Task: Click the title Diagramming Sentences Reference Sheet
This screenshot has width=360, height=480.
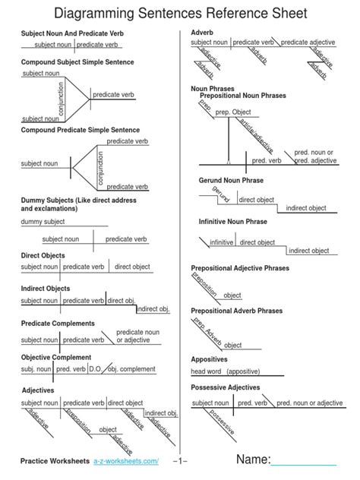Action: pyautogui.click(x=180, y=14)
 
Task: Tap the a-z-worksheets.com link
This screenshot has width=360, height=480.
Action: pyautogui.click(x=126, y=462)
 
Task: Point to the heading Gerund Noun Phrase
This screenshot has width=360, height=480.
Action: pyautogui.click(x=232, y=180)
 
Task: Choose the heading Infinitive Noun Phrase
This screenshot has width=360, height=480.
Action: pyautogui.click(x=233, y=221)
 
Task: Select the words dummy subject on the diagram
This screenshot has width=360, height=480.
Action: pyautogui.click(x=43, y=222)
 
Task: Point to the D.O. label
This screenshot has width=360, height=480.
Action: pyautogui.click(x=95, y=369)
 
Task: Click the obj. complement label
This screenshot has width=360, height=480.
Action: pyautogui.click(x=131, y=369)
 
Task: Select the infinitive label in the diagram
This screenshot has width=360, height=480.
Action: pyautogui.click(x=222, y=242)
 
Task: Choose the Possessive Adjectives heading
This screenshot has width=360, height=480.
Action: pyautogui.click(x=225, y=387)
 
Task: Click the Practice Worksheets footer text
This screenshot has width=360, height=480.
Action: pyautogui.click(x=55, y=462)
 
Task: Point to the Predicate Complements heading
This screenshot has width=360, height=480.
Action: pyautogui.click(x=58, y=323)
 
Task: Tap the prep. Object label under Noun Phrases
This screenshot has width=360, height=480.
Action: pyautogui.click(x=232, y=112)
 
